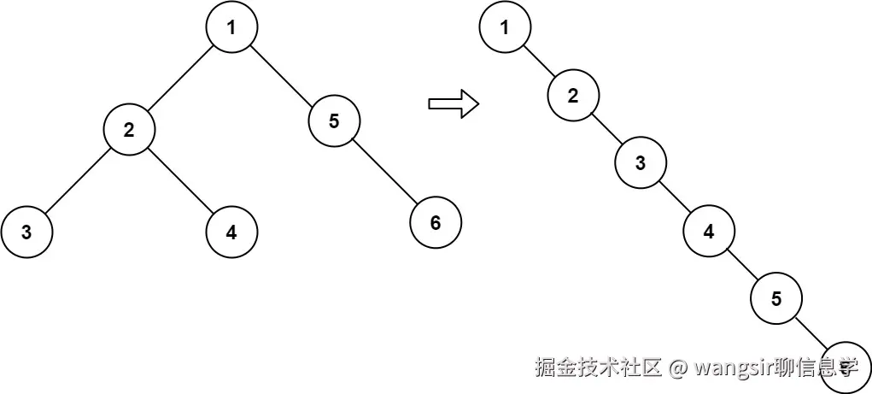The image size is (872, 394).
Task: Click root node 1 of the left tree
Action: pyautogui.click(x=231, y=27)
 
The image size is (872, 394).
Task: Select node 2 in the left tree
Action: pyautogui.click(x=129, y=130)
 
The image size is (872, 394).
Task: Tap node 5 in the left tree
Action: pyautogui.click(x=334, y=121)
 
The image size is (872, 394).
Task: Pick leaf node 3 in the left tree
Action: pyautogui.click(x=26, y=232)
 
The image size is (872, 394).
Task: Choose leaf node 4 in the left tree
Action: pyautogui.click(x=231, y=232)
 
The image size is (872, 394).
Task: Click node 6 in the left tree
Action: pyautogui.click(x=436, y=223)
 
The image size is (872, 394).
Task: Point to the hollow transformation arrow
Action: pyautogui.click(x=452, y=103)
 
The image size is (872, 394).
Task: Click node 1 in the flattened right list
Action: pyautogui.click(x=505, y=27)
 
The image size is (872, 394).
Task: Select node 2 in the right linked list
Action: pyautogui.click(x=573, y=95)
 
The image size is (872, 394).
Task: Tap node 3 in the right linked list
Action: pyautogui.click(x=641, y=163)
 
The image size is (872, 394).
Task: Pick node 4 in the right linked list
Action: pyautogui.click(x=709, y=231)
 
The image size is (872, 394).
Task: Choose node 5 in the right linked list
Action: pyautogui.click(x=776, y=298)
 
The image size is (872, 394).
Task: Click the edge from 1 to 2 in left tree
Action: pyautogui.click(x=180, y=79)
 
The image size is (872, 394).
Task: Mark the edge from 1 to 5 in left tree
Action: pyautogui.click(x=283, y=74)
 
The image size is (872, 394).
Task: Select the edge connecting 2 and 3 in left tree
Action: pyautogui.click(x=78, y=181)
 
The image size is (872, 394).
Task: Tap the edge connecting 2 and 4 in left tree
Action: pyautogui.click(x=180, y=181)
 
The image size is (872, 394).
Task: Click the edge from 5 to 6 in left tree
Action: pyautogui.click(x=385, y=172)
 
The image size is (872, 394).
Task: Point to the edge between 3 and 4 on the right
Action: pyautogui.click(x=675, y=197)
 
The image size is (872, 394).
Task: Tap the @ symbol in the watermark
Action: pyautogui.click(x=678, y=368)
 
